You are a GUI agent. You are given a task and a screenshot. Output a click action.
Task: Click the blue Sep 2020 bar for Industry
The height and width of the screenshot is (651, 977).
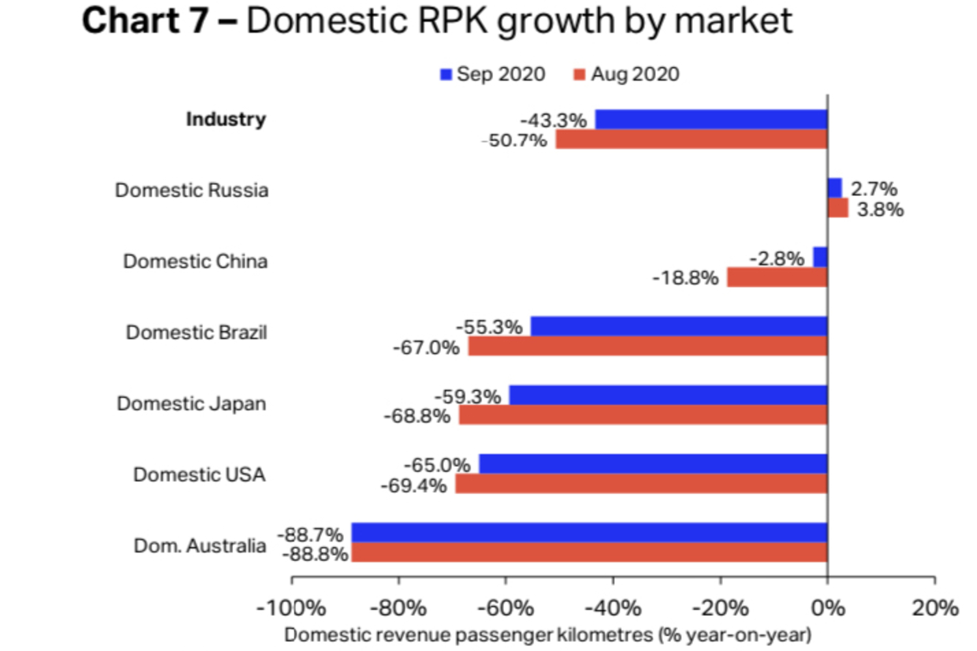coord(711,120)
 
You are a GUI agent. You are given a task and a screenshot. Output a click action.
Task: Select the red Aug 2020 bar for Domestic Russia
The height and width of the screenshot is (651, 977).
coord(838,208)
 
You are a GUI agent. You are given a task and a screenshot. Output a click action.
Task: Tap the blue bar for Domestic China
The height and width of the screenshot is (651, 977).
coord(820,257)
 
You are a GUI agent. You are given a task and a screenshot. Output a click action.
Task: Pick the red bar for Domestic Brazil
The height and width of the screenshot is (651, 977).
coord(647,346)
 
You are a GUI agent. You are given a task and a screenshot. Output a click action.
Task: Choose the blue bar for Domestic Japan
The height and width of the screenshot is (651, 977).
coord(668,395)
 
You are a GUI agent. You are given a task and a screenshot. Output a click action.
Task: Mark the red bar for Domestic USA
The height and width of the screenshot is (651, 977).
coord(641,484)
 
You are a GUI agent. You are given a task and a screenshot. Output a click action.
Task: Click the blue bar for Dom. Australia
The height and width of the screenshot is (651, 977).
coord(589,533)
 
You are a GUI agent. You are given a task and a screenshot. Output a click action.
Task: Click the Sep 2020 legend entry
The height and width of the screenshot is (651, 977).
coord(493,74)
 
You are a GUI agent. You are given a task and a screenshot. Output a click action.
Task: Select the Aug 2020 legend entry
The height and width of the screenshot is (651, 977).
coord(627,74)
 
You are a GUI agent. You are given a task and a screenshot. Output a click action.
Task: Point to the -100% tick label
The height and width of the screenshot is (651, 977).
coord(291,608)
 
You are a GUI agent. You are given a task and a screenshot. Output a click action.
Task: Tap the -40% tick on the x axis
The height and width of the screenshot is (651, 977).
coord(613,608)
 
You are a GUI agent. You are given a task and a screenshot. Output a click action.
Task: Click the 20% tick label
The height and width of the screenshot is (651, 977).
coord(935,608)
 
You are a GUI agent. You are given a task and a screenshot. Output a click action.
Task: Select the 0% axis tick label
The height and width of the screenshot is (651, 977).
coord(827,608)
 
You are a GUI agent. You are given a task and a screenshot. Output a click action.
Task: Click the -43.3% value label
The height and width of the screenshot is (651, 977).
coord(553,120)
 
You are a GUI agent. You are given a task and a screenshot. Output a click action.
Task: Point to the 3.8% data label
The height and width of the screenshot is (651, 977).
coord(880,210)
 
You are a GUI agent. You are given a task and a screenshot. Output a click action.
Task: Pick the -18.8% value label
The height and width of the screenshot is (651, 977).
coord(685,278)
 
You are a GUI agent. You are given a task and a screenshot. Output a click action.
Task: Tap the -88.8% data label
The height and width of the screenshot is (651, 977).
coord(315,555)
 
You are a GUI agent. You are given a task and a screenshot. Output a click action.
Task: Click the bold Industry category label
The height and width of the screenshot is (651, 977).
coord(226,119)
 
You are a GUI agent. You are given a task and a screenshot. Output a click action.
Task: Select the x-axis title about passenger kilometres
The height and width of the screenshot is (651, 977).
coord(548,635)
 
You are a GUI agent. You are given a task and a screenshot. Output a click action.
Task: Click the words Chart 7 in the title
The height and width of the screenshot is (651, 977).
coord(145,21)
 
